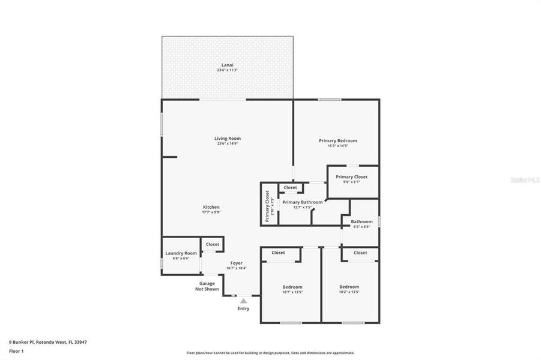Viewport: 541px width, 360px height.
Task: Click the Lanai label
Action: pos(228,65)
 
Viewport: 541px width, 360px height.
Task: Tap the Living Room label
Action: pos(228,139)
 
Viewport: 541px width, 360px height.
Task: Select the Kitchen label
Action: pos(211,207)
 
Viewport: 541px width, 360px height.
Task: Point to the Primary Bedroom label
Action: pos(337,141)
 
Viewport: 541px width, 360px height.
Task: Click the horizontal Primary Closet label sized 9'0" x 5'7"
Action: pos(352,177)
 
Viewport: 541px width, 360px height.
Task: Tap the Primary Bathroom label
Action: pos(302,202)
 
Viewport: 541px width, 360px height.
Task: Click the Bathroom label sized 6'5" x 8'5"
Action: pos(361,222)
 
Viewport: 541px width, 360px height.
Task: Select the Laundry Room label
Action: pos(181,253)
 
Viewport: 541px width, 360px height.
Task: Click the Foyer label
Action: pos(236,263)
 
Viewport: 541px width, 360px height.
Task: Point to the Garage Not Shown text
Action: pos(207,286)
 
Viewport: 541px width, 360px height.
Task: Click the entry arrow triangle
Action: pos(243,301)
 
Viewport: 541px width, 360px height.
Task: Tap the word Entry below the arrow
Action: pos(243,309)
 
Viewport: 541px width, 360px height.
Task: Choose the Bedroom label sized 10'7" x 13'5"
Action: pos(292,287)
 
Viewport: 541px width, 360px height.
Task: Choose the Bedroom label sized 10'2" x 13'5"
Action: pos(349,287)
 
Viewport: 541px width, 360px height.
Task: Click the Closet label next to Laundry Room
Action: pos(213,244)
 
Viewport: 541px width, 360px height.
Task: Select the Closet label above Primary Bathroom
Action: pos(290,188)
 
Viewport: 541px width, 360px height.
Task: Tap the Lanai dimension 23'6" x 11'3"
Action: pos(228,70)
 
